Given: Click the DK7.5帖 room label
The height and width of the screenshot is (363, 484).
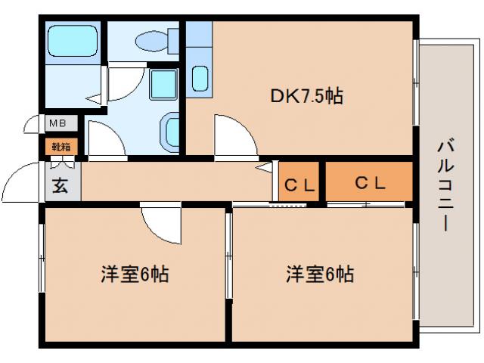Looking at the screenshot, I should coord(307,96).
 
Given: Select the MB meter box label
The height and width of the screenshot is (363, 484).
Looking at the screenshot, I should coord(57,123).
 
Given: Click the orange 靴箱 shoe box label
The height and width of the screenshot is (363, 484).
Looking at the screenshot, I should coord(60,146).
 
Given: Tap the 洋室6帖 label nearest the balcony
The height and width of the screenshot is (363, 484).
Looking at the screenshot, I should coord(318,274).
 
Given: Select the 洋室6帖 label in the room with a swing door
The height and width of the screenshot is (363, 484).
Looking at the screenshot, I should coord(134,274).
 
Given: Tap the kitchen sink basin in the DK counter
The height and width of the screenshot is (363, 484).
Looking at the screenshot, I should coord(200,79).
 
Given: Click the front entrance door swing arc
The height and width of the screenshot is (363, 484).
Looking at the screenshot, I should coord(20,181).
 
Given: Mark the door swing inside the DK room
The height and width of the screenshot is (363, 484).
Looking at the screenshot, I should coord(234,135).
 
